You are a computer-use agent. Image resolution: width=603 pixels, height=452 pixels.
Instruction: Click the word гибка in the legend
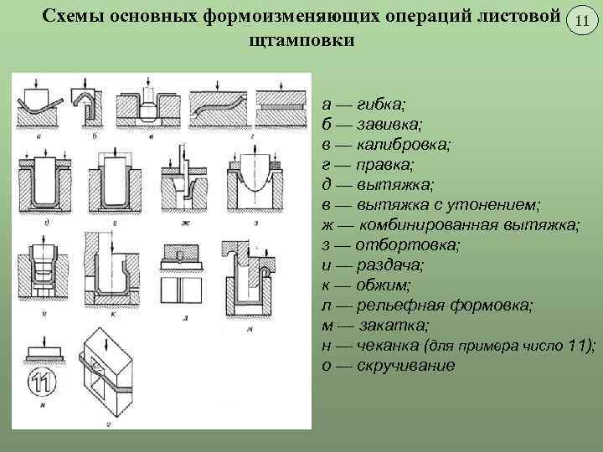(x=379, y=104)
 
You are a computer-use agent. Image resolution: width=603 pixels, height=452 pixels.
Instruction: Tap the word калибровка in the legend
(x=400, y=143)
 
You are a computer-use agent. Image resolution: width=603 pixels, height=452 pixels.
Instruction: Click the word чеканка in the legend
(x=386, y=346)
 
